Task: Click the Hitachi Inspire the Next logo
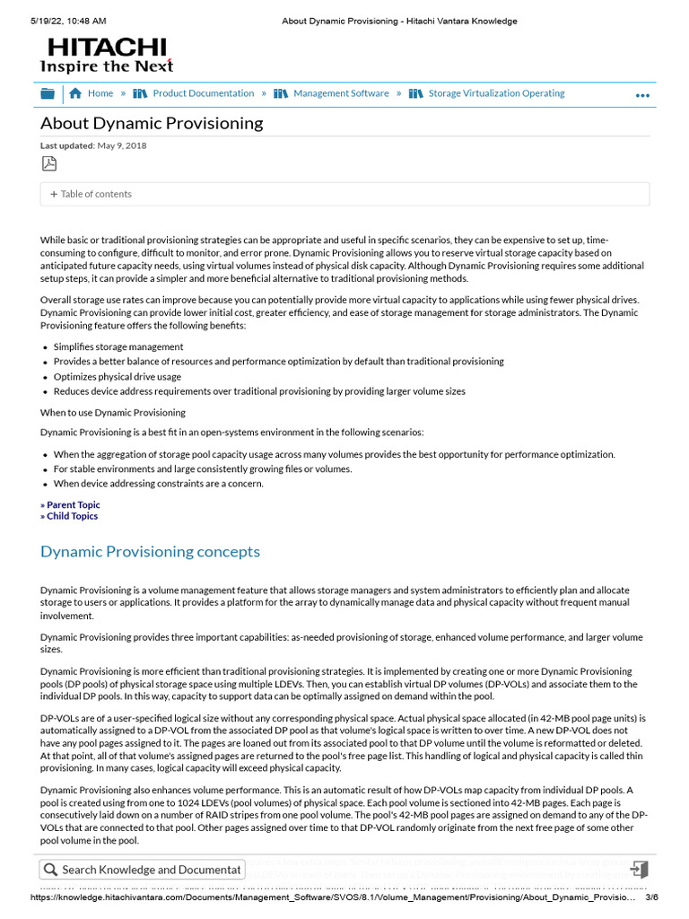click(106, 55)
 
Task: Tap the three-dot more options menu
click(642, 95)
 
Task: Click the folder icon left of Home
click(48, 93)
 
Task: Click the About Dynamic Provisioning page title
click(152, 123)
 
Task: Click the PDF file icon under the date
click(48, 162)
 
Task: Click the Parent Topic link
click(70, 505)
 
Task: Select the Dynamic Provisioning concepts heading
click(150, 551)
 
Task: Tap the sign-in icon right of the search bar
click(639, 870)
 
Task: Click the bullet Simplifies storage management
click(118, 346)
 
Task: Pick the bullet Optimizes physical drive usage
click(117, 377)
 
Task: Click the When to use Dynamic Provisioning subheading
click(113, 413)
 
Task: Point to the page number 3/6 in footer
click(652, 897)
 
